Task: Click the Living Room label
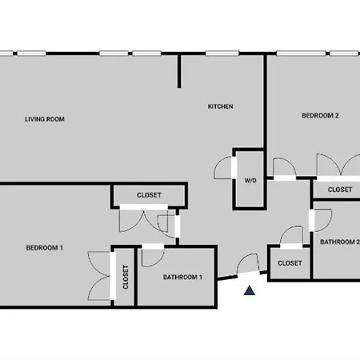point(45,119)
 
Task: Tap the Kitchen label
point(221,106)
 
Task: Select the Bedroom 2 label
point(320,115)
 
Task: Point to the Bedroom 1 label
point(45,248)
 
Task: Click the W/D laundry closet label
point(250,181)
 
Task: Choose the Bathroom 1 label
point(182,277)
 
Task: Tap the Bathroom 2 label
point(340,242)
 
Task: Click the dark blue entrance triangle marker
point(250,290)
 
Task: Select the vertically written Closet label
point(126,277)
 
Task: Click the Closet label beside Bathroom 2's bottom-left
point(290,263)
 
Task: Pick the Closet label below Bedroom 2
point(340,190)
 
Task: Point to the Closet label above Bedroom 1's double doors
point(149,195)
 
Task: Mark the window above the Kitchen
point(222,54)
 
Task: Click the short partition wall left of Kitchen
point(179,71)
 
